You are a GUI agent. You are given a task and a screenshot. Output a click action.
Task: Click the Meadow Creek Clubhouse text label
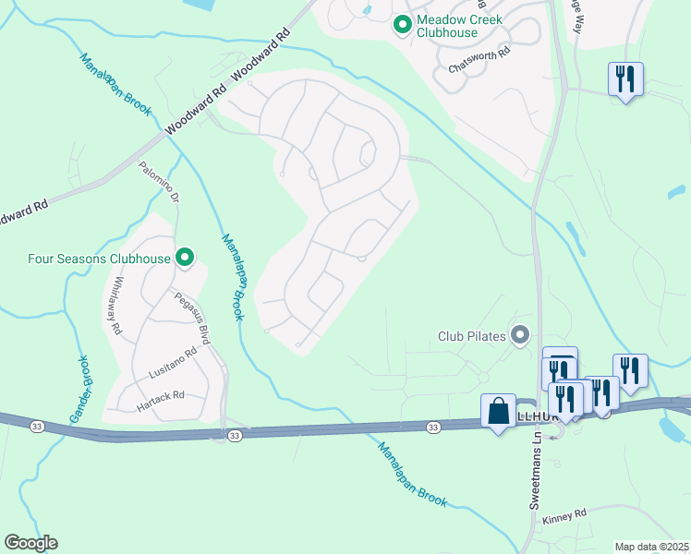pyautogui.click(x=447, y=25)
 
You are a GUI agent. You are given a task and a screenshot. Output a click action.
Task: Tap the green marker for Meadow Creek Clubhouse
pyautogui.click(x=402, y=25)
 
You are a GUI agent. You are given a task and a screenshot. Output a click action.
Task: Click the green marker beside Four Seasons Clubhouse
pyautogui.click(x=185, y=258)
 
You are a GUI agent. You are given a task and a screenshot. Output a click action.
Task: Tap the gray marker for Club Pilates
pyautogui.click(x=521, y=335)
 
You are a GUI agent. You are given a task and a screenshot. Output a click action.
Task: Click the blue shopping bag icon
pyautogui.click(x=498, y=412)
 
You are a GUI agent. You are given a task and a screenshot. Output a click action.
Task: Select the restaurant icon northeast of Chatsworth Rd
pyautogui.click(x=625, y=79)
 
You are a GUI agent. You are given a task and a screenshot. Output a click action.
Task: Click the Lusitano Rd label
pyautogui.click(x=173, y=365)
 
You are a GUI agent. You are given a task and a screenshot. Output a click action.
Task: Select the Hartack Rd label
pyautogui.click(x=162, y=395)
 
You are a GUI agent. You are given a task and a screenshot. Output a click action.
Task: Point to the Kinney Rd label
pyautogui.click(x=565, y=513)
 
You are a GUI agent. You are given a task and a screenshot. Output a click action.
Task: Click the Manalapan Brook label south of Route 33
pyautogui.click(x=412, y=474)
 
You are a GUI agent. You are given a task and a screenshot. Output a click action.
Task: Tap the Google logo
pyautogui.click(x=30, y=543)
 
